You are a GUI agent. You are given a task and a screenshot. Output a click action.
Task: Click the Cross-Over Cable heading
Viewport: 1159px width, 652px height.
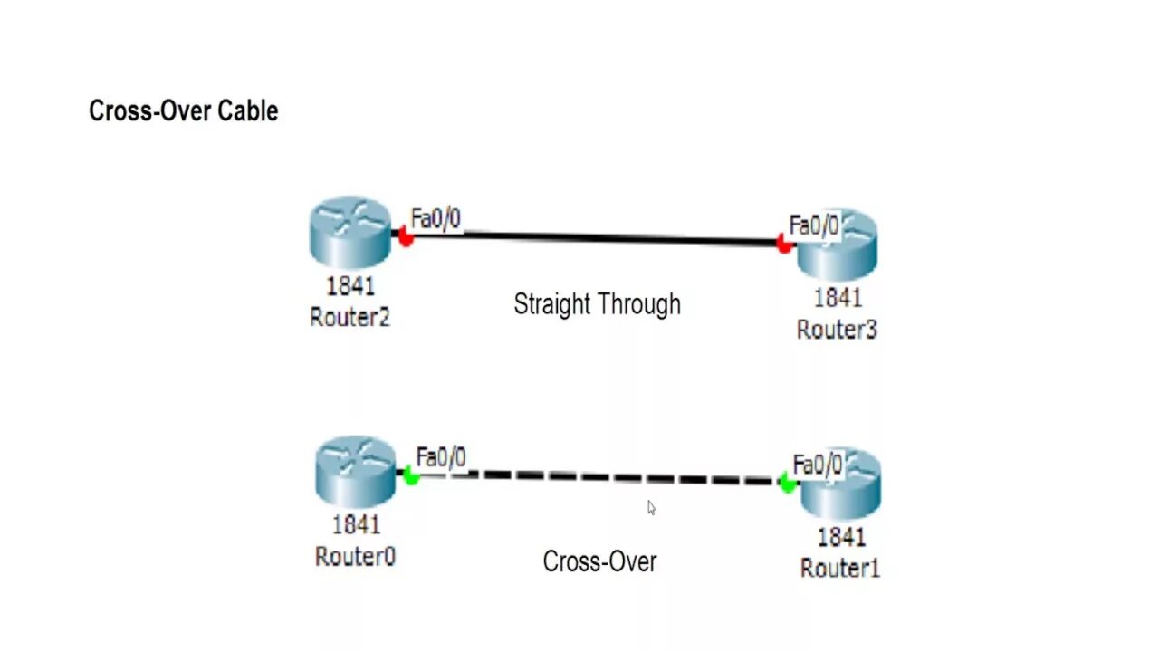click(183, 111)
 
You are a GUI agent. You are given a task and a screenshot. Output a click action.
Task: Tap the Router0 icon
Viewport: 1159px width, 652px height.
click(355, 471)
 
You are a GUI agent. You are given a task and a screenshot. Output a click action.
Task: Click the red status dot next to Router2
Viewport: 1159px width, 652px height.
click(406, 238)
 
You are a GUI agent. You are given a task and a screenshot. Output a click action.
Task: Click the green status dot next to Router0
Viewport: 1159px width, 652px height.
click(411, 475)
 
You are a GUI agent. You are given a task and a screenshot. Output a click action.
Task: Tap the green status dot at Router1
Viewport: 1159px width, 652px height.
click(787, 484)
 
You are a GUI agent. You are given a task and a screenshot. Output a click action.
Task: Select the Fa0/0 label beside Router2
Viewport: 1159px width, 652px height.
click(436, 219)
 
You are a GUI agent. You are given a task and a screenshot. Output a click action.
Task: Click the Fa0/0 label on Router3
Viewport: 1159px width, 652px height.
click(814, 225)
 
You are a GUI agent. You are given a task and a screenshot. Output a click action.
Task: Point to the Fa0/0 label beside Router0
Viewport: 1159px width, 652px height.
click(441, 457)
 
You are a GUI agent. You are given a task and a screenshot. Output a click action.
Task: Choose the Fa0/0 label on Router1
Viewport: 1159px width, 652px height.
click(818, 465)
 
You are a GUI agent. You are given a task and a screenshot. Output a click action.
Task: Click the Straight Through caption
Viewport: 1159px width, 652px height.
click(597, 303)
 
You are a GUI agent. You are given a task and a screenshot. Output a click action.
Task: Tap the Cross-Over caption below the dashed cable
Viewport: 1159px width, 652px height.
click(599, 561)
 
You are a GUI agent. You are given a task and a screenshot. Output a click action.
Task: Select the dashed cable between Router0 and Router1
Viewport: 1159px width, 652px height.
click(598, 477)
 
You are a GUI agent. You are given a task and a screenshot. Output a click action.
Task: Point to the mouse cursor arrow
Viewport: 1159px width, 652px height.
click(651, 507)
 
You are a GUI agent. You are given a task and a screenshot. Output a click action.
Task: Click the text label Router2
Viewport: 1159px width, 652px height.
click(350, 317)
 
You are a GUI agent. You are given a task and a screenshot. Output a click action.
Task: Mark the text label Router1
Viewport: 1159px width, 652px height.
click(839, 568)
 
